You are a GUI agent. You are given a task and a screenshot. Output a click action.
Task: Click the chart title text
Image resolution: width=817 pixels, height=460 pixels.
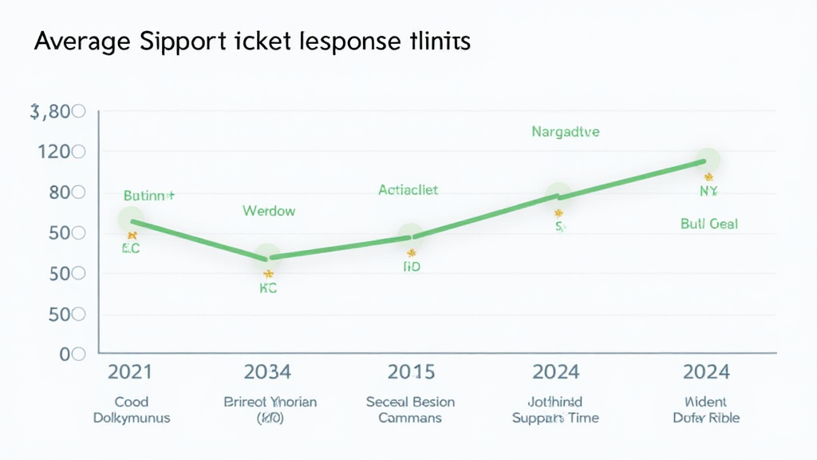[x=252, y=42]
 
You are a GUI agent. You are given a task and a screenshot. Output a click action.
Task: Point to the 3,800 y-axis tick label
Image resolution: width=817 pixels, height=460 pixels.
[x=57, y=113]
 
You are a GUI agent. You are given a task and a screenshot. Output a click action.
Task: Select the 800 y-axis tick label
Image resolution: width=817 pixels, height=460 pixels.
[x=61, y=192]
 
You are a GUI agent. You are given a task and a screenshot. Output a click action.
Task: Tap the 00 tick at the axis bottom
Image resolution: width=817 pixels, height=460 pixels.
[x=72, y=354]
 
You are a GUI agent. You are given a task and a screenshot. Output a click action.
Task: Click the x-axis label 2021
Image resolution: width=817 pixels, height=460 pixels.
[x=130, y=372]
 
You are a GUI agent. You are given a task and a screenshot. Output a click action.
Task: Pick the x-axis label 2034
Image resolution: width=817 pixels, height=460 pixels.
[x=267, y=372]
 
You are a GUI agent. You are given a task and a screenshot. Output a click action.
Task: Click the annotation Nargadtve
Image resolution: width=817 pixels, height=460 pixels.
[x=565, y=132]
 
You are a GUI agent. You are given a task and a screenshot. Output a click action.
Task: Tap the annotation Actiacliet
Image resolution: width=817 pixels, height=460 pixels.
[x=408, y=190]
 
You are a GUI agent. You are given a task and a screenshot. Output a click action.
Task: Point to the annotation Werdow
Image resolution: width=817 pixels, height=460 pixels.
[x=269, y=211]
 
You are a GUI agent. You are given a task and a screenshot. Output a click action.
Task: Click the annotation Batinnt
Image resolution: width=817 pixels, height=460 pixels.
[x=149, y=195]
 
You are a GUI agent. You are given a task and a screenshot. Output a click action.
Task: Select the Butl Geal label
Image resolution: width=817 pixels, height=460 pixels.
[x=708, y=224]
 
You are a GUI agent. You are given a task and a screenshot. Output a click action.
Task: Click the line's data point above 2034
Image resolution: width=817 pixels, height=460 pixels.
[x=268, y=256]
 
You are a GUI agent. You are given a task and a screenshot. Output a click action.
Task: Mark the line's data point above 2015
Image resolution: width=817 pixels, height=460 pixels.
[x=410, y=236]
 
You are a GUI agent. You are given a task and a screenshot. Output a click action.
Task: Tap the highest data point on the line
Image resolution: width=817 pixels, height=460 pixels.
[x=707, y=161]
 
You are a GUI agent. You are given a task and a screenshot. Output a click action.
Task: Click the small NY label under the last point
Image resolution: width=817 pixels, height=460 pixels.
[x=708, y=192]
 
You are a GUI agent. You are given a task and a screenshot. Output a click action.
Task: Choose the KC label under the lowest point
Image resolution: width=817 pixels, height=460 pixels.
[x=268, y=289]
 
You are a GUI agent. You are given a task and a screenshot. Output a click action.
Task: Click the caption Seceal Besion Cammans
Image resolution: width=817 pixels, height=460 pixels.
[x=410, y=410]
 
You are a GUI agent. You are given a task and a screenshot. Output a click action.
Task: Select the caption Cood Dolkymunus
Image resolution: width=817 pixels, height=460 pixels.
[x=132, y=410]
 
